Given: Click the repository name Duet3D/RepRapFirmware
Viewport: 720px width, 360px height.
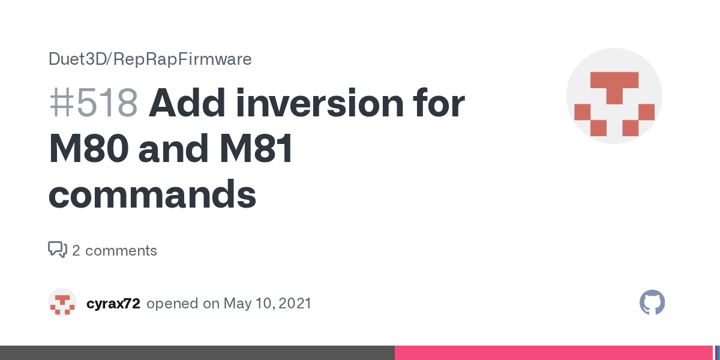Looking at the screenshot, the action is point(150,59).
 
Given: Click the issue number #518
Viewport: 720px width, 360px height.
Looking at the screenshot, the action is point(94,103).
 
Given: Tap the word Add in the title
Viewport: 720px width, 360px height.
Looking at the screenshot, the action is point(187,103).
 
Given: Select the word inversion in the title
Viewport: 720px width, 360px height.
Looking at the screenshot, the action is point(320,103).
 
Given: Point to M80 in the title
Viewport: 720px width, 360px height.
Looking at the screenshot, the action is point(89,149).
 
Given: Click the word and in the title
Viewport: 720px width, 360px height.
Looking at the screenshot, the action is point(173,149).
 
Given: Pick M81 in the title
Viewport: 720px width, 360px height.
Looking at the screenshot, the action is point(256,149).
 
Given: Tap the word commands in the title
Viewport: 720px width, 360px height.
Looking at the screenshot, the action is point(152,194).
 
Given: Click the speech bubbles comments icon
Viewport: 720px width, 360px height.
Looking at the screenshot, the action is point(58,250).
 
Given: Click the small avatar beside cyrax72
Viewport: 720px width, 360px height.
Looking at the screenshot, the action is point(62,302).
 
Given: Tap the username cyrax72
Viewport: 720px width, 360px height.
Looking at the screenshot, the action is point(113,304).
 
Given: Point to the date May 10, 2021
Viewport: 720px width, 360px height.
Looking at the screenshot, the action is point(268,304).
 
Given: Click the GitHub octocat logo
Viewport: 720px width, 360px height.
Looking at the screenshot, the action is point(652,302).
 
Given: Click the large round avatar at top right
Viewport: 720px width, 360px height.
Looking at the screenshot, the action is point(614,96).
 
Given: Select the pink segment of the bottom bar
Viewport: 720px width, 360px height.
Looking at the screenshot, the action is point(553,353).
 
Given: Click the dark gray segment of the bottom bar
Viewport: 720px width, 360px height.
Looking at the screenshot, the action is point(197,353).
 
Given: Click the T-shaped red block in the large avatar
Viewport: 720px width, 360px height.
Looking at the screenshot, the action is point(614,88).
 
